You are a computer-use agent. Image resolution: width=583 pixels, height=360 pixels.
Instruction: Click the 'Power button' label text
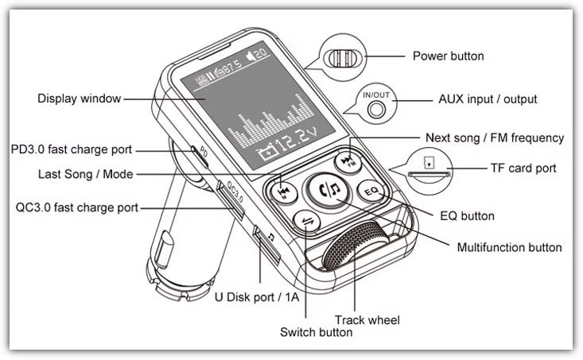coord(448,56)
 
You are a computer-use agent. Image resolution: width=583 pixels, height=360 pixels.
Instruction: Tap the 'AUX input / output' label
coord(488,100)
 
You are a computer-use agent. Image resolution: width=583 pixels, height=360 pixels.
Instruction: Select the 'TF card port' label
coord(523,168)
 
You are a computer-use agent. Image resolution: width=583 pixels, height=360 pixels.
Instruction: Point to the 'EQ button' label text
coord(467,215)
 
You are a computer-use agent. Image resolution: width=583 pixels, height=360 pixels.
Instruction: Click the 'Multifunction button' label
coord(509,247)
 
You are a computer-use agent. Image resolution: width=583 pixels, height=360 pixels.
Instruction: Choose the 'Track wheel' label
coord(367,319)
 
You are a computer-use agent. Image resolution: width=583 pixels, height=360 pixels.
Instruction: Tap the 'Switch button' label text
coord(316,333)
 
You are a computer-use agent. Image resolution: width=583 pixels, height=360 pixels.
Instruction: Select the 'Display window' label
coord(79,99)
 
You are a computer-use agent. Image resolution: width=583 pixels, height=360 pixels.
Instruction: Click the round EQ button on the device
coord(371,192)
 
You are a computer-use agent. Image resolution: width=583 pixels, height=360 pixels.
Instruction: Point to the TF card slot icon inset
coord(429,169)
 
